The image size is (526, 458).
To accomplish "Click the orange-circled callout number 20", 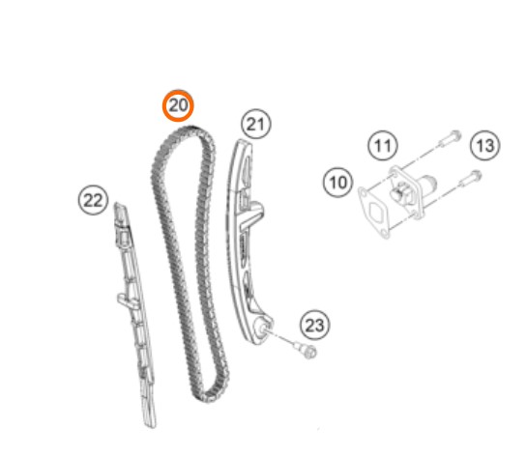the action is tap(178, 105).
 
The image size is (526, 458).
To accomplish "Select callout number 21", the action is tap(256, 124).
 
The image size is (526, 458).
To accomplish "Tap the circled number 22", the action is tap(93, 200).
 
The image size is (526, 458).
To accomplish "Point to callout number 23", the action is tap(314, 325).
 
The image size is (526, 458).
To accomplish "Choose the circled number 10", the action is tap(337, 183).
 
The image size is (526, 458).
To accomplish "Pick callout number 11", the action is tap(383, 145).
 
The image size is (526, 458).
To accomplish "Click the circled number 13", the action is tap(485, 145).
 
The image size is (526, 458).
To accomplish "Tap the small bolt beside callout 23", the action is tap(306, 350).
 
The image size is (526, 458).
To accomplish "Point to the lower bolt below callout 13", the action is tap(470, 179).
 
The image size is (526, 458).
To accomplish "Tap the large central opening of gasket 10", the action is tap(376, 212).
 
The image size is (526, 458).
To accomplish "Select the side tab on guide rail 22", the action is tap(127, 300).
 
